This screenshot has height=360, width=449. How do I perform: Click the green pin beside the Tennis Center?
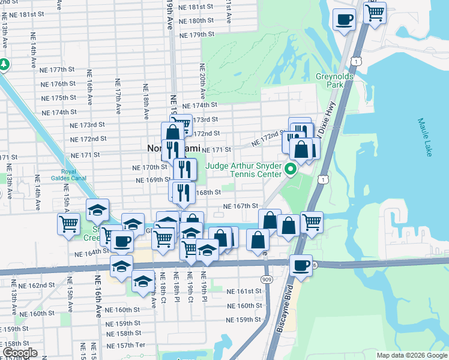(290, 169)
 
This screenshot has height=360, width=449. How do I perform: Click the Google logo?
(20, 353)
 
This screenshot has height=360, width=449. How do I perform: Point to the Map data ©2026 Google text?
(412, 355)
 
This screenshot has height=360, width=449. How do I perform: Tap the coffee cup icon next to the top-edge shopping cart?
(344, 19)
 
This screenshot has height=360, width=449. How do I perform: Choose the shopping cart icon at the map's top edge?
(375, 12)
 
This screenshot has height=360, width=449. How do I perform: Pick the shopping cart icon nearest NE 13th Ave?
(68, 224)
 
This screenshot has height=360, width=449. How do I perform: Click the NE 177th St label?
(62, 70)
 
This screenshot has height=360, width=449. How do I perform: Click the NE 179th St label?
(193, 35)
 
